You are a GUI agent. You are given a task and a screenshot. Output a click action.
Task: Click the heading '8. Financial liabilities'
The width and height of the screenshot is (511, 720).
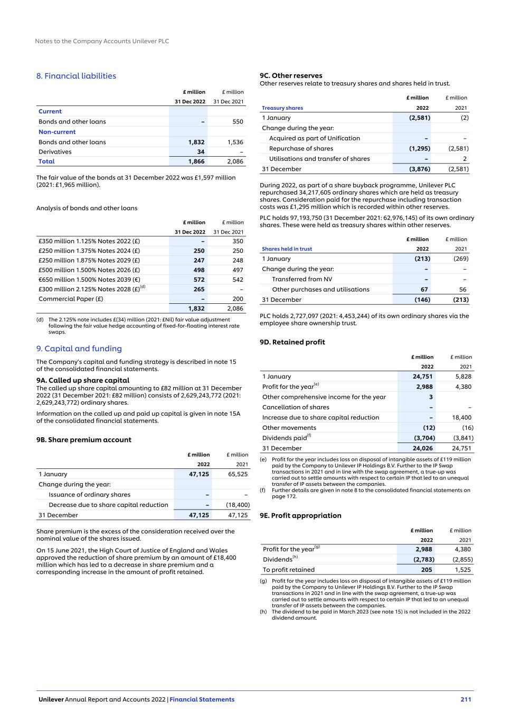click(x=76, y=76)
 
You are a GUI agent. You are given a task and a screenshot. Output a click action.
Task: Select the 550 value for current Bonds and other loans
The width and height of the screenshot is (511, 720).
click(x=238, y=122)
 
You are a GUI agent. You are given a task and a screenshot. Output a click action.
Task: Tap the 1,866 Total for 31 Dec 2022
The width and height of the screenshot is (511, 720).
click(x=196, y=162)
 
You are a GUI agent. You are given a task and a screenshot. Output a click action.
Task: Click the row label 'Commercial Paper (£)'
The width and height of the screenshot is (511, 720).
click(x=71, y=299)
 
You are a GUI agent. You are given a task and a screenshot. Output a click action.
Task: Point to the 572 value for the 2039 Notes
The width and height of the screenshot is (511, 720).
click(x=198, y=280)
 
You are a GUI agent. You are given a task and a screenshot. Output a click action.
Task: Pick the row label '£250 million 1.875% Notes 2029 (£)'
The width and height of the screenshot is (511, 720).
click(x=89, y=261)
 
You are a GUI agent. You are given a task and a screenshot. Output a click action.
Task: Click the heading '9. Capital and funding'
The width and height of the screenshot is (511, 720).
click(x=79, y=349)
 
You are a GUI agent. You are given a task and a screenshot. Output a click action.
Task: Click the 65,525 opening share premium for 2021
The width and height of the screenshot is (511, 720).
click(x=237, y=474)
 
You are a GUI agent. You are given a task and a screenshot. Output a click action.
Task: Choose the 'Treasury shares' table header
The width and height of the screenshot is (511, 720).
click(x=282, y=108)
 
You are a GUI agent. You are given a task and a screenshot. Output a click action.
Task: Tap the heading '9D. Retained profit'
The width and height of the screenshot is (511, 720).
click(x=292, y=342)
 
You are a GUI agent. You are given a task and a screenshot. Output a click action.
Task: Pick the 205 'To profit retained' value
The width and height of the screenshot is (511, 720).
click(x=427, y=570)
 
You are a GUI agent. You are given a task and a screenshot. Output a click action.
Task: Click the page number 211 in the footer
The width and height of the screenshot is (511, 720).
click(x=466, y=699)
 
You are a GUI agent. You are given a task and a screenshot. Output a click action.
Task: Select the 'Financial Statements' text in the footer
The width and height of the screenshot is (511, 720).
click(x=202, y=699)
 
